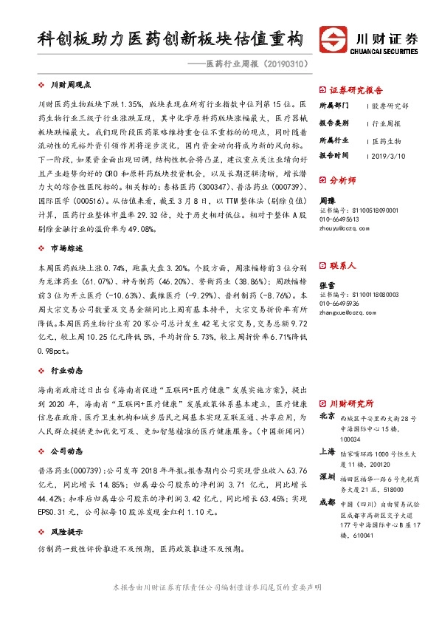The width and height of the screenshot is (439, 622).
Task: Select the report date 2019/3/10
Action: (x=389, y=156)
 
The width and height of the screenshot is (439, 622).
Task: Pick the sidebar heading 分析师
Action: (x=343, y=179)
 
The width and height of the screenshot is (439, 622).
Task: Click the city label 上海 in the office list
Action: (x=326, y=450)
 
